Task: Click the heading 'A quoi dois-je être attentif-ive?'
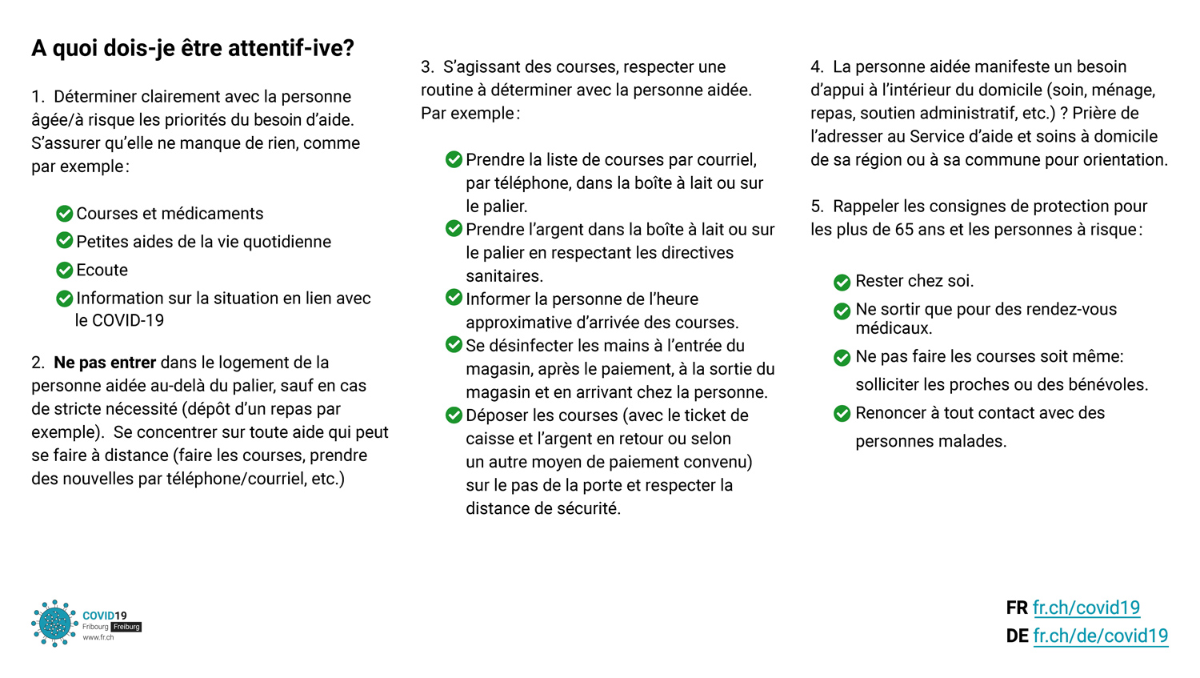pos(193,49)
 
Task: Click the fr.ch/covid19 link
pos(1086,608)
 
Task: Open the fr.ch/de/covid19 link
pos(1100,636)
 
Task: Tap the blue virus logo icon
pos(54,623)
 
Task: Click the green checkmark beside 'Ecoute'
pos(65,270)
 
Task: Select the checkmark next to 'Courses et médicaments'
pos(65,213)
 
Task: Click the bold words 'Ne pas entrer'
pos(105,363)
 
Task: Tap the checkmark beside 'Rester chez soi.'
pos(842,282)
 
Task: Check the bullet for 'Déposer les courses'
pos(454,415)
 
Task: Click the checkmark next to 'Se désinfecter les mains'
pos(454,345)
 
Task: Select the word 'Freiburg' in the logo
pos(126,627)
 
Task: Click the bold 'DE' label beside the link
pos(1017,636)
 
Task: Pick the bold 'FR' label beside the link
pos(1017,608)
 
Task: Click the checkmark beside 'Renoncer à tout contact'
pos(842,413)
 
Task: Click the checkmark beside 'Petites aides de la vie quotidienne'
pos(65,241)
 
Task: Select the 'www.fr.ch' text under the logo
pos(98,638)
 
